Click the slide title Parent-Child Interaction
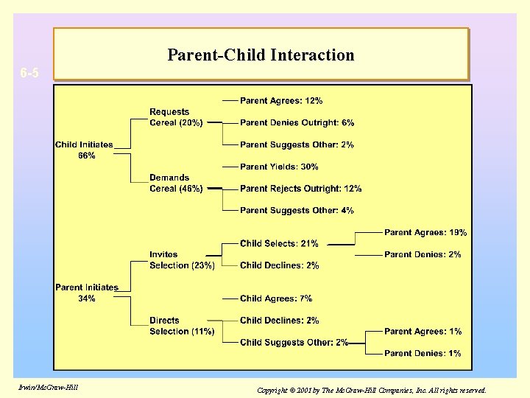point(261,55)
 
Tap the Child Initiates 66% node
point(84,150)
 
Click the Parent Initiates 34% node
point(86,293)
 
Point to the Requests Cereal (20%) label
point(176,117)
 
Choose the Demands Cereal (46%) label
point(176,183)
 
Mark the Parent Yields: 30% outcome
point(279,167)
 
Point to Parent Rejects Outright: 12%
point(300,189)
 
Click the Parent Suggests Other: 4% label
point(297,210)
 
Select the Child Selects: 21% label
point(279,243)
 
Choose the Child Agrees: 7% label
point(276,298)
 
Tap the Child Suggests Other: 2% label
point(294,342)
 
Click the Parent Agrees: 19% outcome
point(425,232)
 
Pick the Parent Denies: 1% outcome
point(423,353)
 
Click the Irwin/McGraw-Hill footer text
point(45,388)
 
